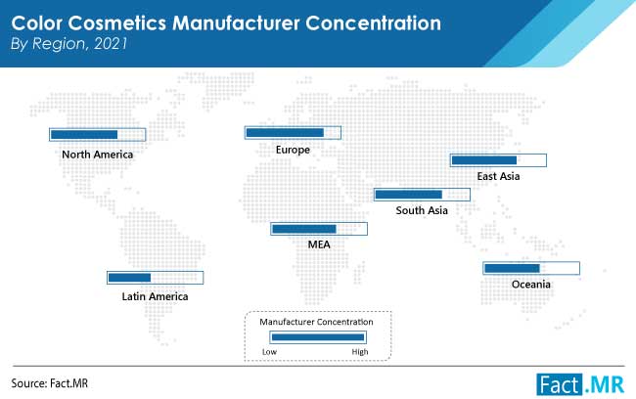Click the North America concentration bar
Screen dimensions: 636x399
pyautogui.click(x=97, y=135)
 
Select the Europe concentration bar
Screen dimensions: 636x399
pyautogui.click(x=293, y=133)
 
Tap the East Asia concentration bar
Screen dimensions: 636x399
pyautogui.click(x=498, y=160)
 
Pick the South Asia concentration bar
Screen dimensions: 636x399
pyautogui.click(x=423, y=195)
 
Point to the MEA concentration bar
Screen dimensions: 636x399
pyautogui.click(x=319, y=229)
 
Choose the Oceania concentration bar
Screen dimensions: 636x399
pyautogui.click(x=531, y=268)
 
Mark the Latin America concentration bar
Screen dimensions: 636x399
pyautogui.click(x=156, y=278)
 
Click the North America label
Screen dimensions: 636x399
pyautogui.click(x=97, y=155)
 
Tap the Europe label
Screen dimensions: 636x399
pyautogui.click(x=293, y=150)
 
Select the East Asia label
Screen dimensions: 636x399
pyautogui.click(x=498, y=176)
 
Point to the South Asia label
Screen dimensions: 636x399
pyautogui.click(x=422, y=210)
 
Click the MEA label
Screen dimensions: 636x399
pyautogui.click(x=319, y=244)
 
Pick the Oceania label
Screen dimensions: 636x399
pyautogui.click(x=531, y=285)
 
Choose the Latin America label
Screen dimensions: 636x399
pyautogui.click(x=155, y=296)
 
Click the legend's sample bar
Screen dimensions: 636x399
pyautogui.click(x=318, y=337)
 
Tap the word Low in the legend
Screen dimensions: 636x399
pyautogui.click(x=269, y=352)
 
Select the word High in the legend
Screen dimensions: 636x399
pyautogui.click(x=360, y=352)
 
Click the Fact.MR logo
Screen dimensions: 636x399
pyautogui.click(x=580, y=384)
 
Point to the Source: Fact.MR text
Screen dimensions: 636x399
pyautogui.click(x=50, y=383)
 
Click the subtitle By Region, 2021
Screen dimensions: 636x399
pyautogui.click(x=68, y=43)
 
